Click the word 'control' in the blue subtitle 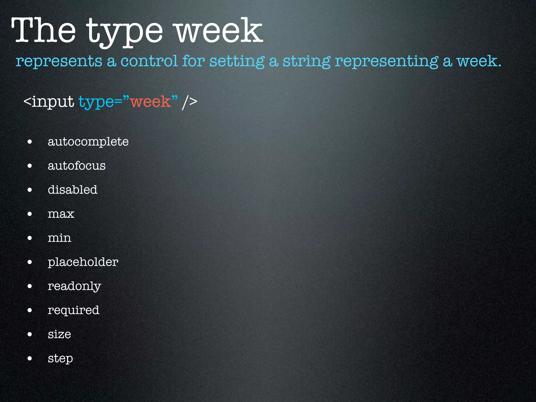[x=149, y=61]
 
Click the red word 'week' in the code [x=150, y=102]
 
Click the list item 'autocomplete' [x=88, y=142]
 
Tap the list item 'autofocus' [x=76, y=166]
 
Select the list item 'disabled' [x=72, y=190]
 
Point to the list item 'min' [x=59, y=238]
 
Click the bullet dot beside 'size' [x=30, y=334]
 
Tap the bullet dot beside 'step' [x=30, y=358]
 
